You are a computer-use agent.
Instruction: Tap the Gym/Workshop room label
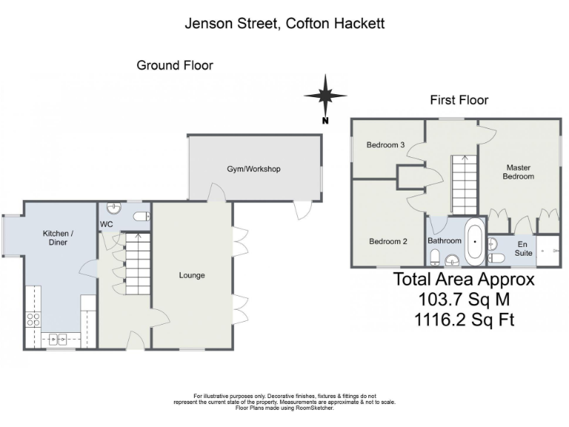pyautogui.click(x=253, y=169)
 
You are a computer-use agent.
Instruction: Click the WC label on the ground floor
pyautogui.click(x=106, y=224)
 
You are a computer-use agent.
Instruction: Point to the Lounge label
pyautogui.click(x=192, y=275)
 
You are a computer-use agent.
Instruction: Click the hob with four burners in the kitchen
pyautogui.click(x=34, y=320)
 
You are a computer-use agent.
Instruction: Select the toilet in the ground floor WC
pyautogui.click(x=141, y=216)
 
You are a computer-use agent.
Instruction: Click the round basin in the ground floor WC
pyautogui.click(x=113, y=207)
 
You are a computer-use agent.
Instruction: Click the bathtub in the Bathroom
pyautogui.click(x=474, y=241)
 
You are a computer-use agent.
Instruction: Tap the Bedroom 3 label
pyautogui.click(x=385, y=145)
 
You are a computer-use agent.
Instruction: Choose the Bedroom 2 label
pyautogui.click(x=388, y=241)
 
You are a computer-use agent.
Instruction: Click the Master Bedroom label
pyautogui.click(x=518, y=172)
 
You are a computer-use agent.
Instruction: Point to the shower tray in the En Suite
pyautogui.click(x=548, y=251)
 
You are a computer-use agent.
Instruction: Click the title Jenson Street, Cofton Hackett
pyautogui.click(x=284, y=23)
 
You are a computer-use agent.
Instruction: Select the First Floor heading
pyautogui.click(x=459, y=100)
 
